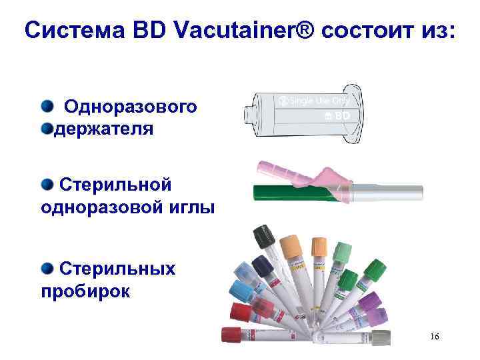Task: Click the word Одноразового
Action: point(131,106)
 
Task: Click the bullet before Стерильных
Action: point(47,268)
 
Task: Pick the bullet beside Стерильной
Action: point(47,183)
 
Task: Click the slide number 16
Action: point(434,337)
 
